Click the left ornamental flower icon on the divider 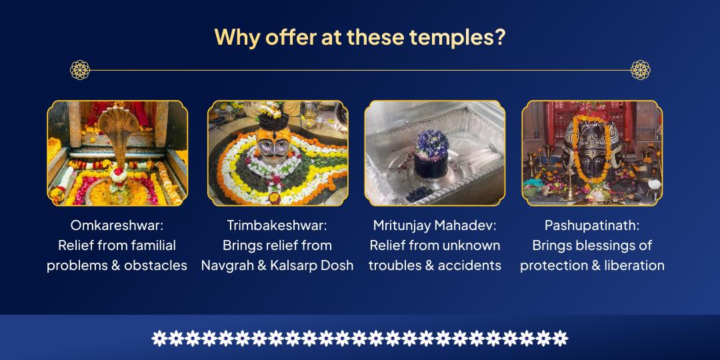click(x=80, y=69)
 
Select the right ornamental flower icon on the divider click(x=640, y=69)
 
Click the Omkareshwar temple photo click(x=117, y=153)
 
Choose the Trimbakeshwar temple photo click(x=277, y=153)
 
